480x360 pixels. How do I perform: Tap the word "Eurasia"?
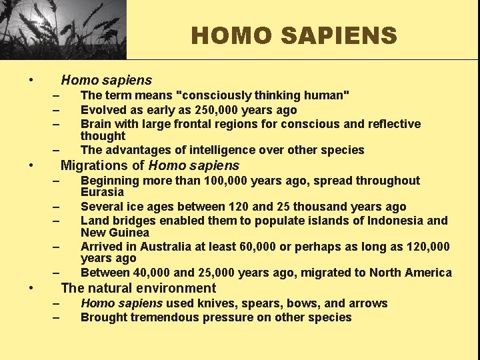point(102,192)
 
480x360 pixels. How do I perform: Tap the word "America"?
point(427,273)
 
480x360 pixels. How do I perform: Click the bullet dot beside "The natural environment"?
point(31,289)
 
